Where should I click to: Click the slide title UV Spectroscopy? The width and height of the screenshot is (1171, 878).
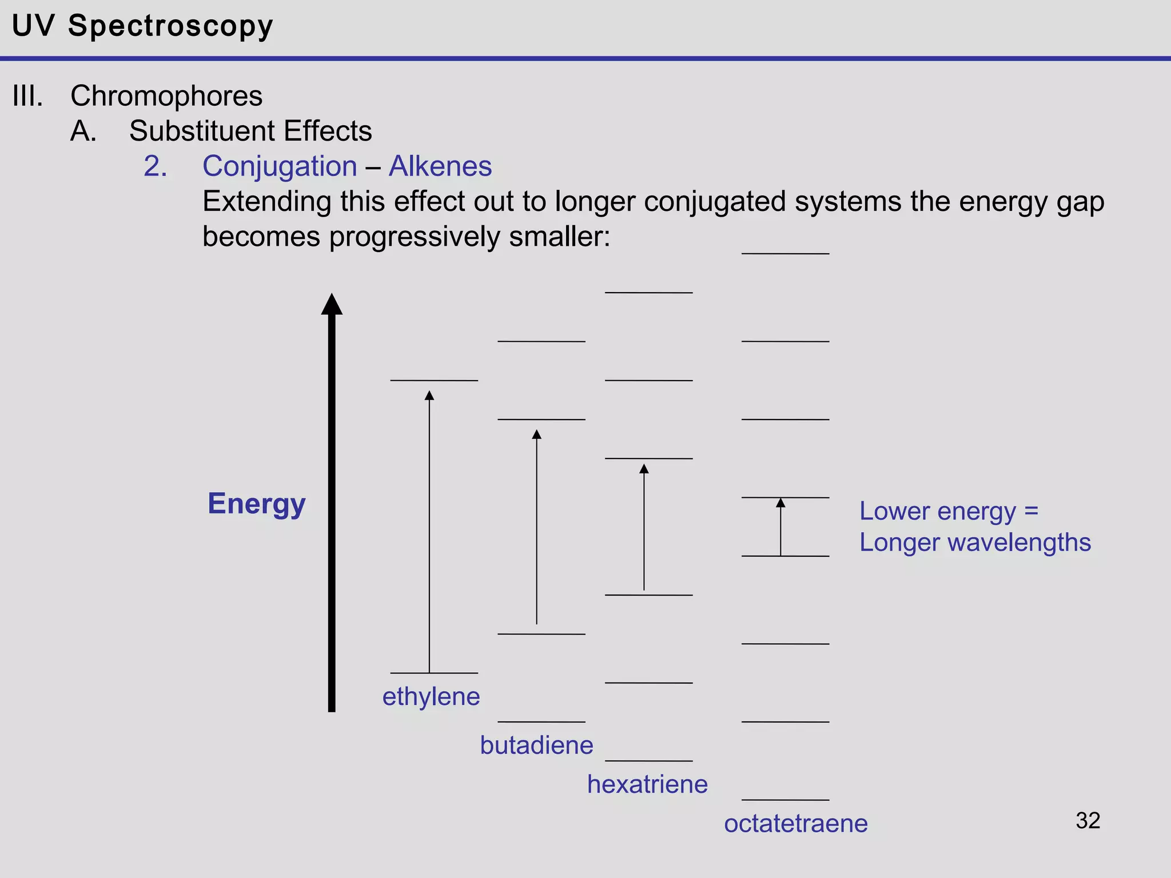click(x=142, y=26)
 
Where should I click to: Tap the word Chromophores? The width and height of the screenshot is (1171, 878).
click(x=166, y=95)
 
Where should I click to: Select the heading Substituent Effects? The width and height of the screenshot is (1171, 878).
click(x=250, y=131)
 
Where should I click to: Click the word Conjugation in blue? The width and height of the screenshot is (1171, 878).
click(x=280, y=166)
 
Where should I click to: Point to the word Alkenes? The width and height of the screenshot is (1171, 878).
click(x=440, y=166)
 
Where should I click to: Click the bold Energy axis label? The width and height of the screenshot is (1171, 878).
click(x=256, y=504)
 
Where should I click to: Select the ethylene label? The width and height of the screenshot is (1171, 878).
click(x=431, y=696)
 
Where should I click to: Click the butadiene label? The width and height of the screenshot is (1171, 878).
click(x=536, y=745)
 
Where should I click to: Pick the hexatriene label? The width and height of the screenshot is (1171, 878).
click(x=647, y=784)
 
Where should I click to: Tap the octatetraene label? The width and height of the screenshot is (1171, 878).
click(x=795, y=823)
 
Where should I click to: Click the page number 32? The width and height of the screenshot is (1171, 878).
click(x=1088, y=820)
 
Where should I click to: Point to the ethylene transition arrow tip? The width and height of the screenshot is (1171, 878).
click(x=429, y=395)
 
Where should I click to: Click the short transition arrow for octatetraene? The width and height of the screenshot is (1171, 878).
click(x=780, y=529)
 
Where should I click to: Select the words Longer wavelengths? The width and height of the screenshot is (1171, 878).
click(x=975, y=542)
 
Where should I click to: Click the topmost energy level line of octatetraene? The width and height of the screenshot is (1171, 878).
click(x=785, y=254)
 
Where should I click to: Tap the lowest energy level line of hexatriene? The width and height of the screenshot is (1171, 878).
click(x=648, y=761)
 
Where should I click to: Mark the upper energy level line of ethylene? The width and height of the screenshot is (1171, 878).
click(x=434, y=381)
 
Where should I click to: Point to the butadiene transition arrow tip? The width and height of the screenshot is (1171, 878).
click(x=536, y=434)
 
